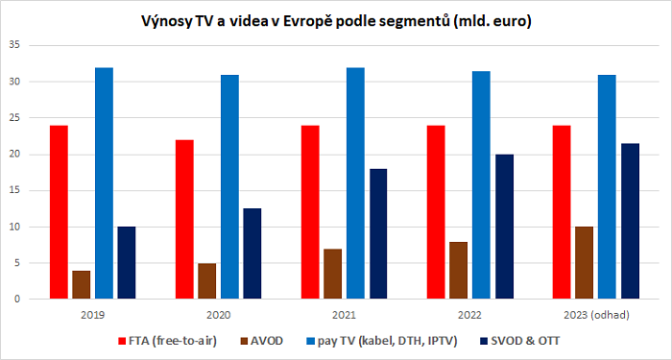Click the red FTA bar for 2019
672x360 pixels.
59,212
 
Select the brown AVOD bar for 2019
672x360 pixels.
81,284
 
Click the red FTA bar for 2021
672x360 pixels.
310,212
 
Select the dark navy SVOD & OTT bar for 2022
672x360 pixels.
503,227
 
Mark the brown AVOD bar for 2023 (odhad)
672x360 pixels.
585,263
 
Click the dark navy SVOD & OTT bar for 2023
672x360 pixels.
630,221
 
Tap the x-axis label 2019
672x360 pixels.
93,313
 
